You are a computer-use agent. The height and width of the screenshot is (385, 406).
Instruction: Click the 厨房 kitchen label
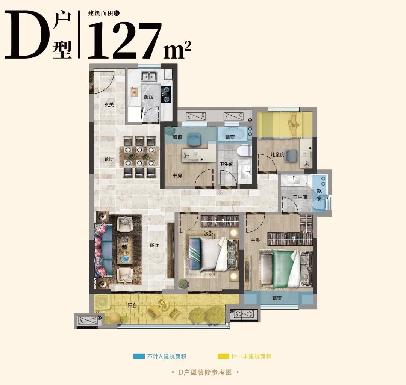tap(148, 97)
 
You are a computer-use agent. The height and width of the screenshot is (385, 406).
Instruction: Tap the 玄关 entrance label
tap(109, 104)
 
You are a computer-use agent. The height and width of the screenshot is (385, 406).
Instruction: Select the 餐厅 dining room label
tap(109, 159)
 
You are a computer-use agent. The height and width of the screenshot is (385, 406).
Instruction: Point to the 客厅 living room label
tap(154, 245)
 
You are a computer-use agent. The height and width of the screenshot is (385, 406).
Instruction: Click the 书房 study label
tap(177, 175)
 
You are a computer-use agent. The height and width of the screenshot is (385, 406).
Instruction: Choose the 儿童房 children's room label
tap(277, 155)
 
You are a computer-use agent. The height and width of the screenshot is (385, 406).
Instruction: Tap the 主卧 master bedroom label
tap(255, 240)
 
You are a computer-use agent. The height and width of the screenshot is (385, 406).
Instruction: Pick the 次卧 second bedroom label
tap(208, 234)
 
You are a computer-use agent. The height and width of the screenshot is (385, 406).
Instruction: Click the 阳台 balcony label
tap(132, 306)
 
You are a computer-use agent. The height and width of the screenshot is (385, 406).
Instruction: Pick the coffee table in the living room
tap(125, 250)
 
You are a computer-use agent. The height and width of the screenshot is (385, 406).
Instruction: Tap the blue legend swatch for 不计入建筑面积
tap(139, 356)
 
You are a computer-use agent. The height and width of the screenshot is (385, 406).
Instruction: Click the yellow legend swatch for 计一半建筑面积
tap(223, 356)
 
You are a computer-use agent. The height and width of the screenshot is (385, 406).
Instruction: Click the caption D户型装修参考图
tap(205, 372)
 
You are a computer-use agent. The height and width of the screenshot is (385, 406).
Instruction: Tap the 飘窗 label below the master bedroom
tap(277, 298)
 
